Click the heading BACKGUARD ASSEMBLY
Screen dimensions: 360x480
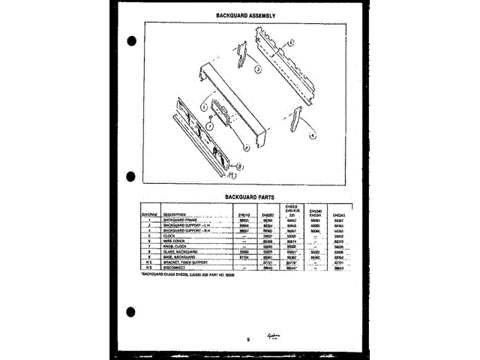(246, 14)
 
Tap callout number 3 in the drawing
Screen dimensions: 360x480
(257, 70)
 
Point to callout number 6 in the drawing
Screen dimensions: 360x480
(291, 42)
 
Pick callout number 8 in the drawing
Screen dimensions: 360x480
(240, 166)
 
